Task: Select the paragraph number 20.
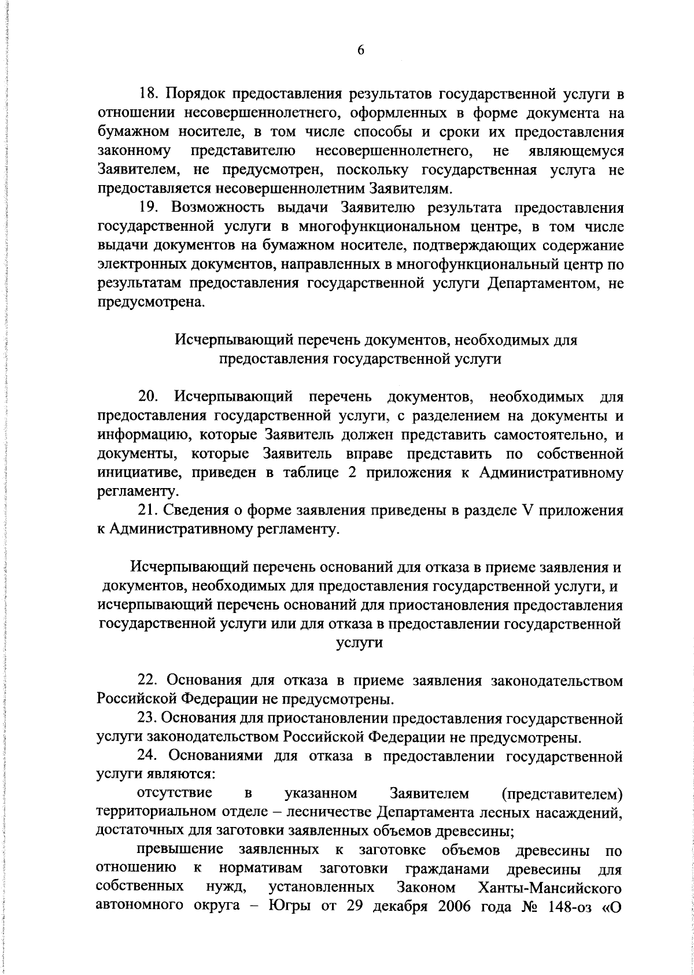point(150,397)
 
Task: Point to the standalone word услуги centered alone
point(359,643)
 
